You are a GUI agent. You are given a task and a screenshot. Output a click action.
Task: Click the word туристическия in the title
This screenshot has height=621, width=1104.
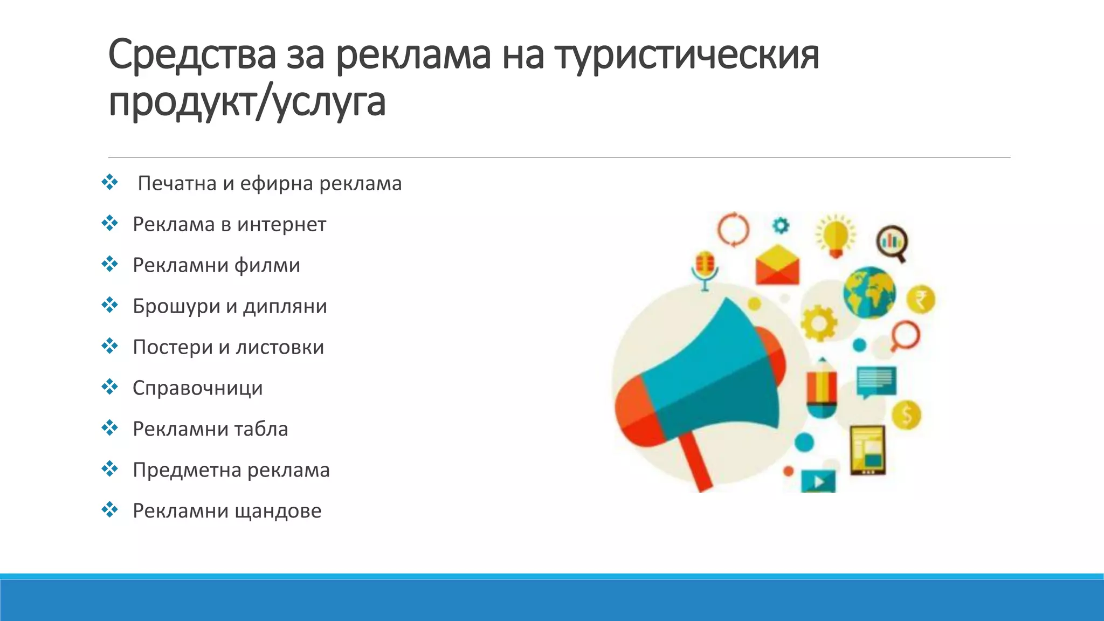pyautogui.click(x=687, y=56)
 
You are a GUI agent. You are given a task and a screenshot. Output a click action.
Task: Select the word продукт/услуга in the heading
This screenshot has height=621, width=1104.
pyautogui.click(x=247, y=102)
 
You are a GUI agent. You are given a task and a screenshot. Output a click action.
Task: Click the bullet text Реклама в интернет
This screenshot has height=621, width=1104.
pyautogui.click(x=229, y=224)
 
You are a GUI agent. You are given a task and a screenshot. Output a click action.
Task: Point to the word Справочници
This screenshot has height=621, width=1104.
pyautogui.click(x=197, y=388)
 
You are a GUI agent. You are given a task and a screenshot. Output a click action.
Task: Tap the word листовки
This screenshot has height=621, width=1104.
pyautogui.click(x=280, y=347)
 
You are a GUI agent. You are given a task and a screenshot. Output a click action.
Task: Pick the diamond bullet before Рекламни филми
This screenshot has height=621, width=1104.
pyautogui.click(x=109, y=264)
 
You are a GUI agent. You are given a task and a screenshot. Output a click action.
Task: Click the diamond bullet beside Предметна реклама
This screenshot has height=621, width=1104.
pyautogui.click(x=109, y=469)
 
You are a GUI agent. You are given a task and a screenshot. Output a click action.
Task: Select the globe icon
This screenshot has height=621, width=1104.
pyautogui.click(x=869, y=293)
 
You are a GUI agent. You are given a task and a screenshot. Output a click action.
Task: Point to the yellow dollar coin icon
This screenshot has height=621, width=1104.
pyautogui.click(x=906, y=415)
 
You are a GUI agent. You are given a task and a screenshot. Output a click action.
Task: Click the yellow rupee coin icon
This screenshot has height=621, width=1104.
pyautogui.click(x=920, y=299)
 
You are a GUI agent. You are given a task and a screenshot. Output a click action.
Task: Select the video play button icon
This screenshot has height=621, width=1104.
pyautogui.click(x=818, y=481)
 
